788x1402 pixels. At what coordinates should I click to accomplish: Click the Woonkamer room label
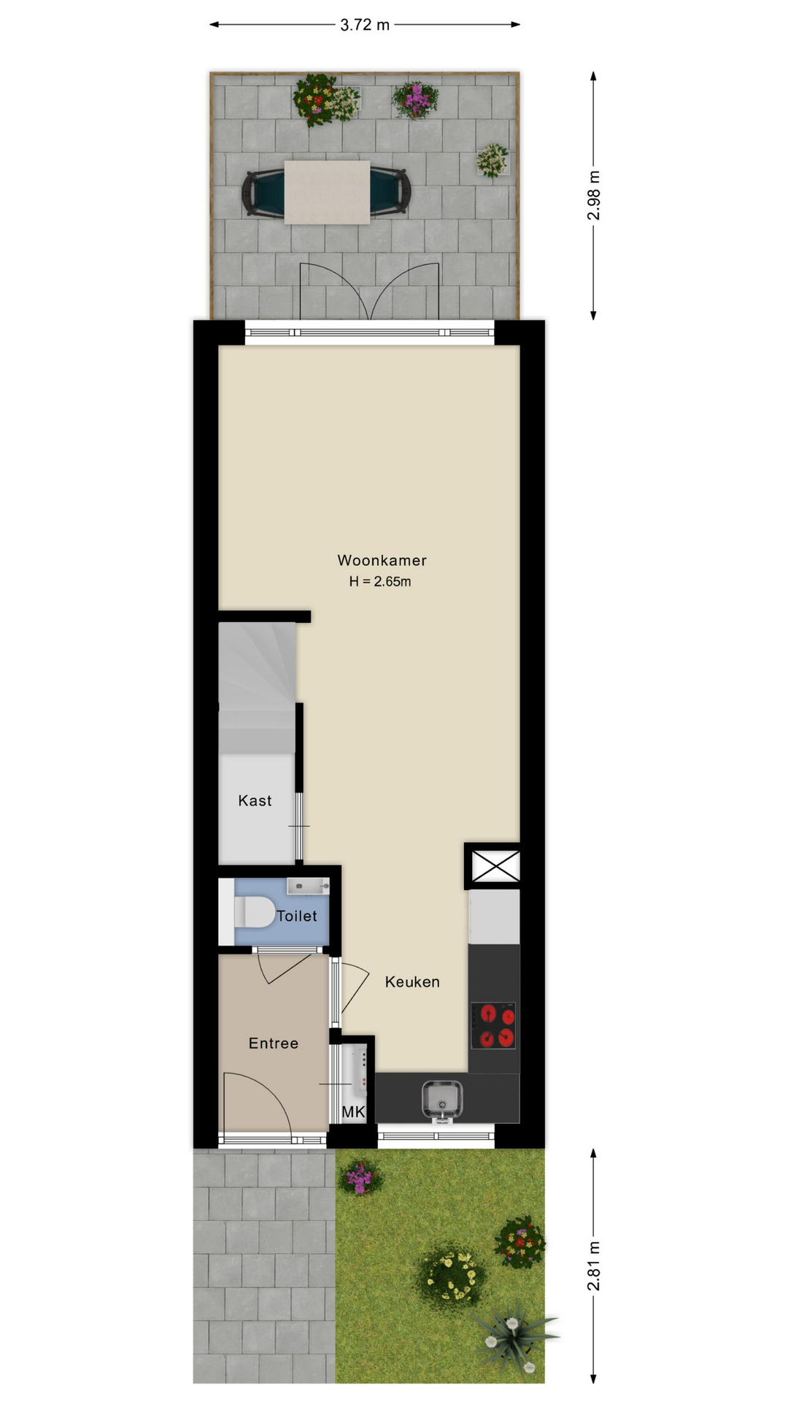point(382,560)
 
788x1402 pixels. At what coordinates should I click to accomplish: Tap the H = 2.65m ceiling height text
point(380,581)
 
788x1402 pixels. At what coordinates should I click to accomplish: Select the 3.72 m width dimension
point(365,25)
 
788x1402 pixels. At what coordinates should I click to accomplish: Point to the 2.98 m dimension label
point(594,195)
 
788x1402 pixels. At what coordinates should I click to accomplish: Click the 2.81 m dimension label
point(594,1265)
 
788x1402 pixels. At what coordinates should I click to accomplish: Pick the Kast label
point(255,800)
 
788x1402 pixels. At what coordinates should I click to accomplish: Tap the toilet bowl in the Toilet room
point(253,913)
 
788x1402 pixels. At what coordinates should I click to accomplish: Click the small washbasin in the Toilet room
point(308,886)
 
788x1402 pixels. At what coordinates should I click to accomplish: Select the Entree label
point(274,1043)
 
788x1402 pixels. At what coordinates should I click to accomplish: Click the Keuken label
point(412,982)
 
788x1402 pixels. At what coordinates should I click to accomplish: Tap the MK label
point(353,1112)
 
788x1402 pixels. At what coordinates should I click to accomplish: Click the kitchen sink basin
point(442,1100)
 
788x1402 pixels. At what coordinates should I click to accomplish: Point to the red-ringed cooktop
point(494,1025)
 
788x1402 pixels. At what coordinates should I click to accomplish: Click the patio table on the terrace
point(327,193)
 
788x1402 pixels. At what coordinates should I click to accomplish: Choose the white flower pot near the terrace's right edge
point(493,160)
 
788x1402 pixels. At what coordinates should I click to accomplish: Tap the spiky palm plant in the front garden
point(513,1333)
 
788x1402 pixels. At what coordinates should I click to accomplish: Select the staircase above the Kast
point(258,688)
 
